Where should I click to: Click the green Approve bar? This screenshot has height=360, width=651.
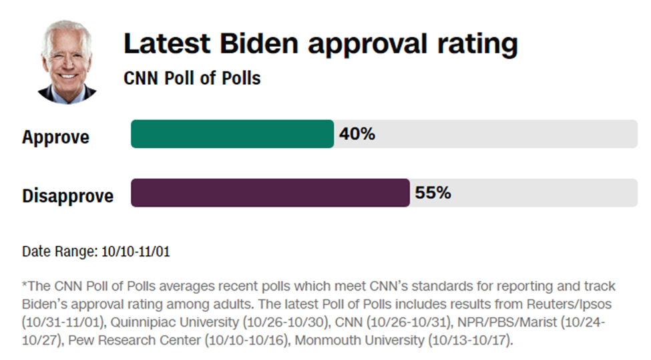[232, 134]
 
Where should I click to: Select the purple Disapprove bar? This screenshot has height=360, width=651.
[270, 193]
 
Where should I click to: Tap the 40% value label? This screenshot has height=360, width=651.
[357, 134]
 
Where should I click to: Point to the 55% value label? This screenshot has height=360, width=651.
[433, 193]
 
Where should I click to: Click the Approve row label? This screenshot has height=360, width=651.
[55, 138]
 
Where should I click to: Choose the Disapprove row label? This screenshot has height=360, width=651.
[67, 196]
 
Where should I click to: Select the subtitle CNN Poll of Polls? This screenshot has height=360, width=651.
[192, 78]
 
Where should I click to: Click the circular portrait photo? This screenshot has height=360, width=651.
[66, 61]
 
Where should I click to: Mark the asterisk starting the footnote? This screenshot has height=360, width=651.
[25, 286]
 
